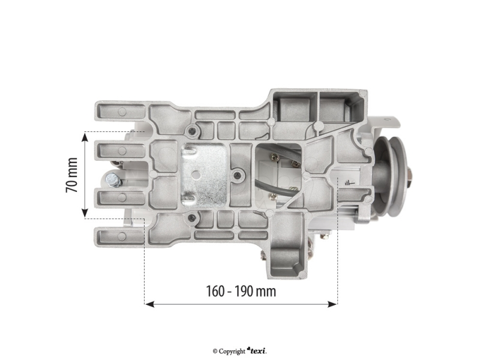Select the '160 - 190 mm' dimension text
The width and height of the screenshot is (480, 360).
point(241,292)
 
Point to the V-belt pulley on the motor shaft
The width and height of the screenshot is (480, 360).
point(392,175)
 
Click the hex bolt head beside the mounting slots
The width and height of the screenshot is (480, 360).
point(112,178)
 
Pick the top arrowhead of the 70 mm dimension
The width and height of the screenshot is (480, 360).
point(85,135)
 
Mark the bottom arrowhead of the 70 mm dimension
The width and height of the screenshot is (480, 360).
point(85,214)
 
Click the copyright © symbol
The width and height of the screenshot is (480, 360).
point(215,351)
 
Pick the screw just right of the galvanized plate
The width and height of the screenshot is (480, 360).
point(239,175)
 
